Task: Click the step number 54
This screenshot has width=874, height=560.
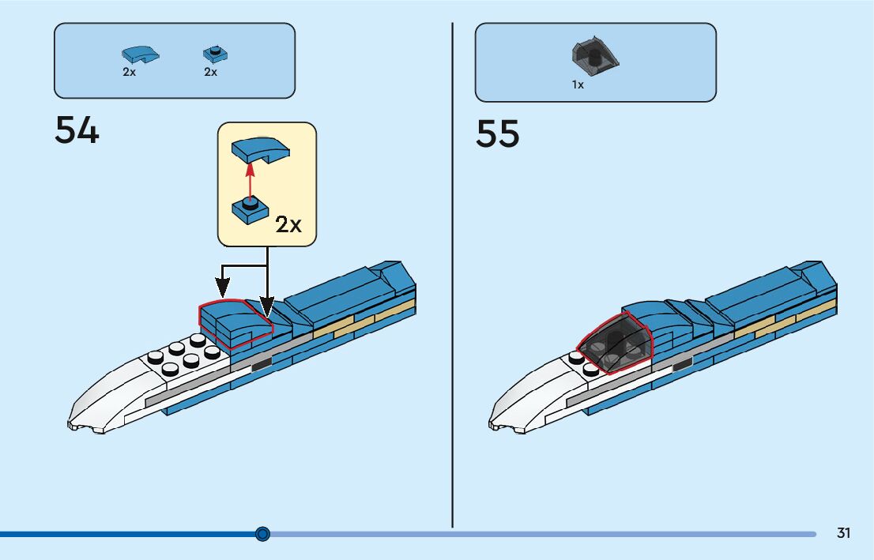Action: click(x=77, y=130)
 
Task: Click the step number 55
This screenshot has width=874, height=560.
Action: click(x=498, y=134)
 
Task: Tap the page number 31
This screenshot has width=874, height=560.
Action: click(x=843, y=533)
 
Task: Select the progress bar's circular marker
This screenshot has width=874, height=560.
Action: click(x=263, y=534)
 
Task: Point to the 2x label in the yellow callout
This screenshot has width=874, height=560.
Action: click(x=288, y=225)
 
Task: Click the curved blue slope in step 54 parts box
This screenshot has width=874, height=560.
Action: click(x=139, y=54)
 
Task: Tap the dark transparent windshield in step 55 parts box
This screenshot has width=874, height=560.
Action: click(x=594, y=54)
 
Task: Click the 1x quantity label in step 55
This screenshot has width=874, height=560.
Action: click(x=578, y=85)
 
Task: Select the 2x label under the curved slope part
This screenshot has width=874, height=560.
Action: click(x=129, y=72)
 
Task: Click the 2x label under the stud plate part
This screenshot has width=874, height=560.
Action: click(x=210, y=72)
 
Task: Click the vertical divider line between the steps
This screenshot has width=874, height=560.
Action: click(x=452, y=276)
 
